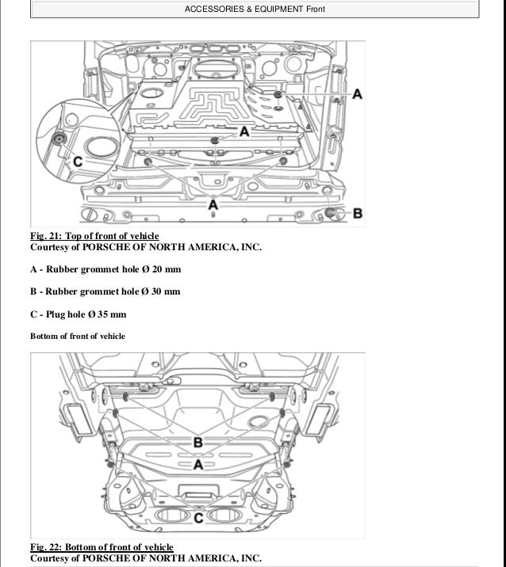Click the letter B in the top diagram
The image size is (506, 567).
(x=357, y=212)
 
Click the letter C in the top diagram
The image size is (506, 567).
(x=78, y=161)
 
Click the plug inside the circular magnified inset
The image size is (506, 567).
(x=58, y=141)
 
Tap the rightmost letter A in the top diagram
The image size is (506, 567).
(x=357, y=94)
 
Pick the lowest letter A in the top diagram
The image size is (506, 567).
(x=212, y=206)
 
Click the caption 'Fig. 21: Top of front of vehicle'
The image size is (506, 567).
(x=94, y=236)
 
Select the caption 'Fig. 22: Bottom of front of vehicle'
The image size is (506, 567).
(x=102, y=547)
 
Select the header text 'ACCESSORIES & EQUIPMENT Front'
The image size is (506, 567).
(x=253, y=10)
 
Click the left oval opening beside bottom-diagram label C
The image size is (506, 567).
(x=168, y=519)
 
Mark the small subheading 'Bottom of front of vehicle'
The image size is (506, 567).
(x=78, y=337)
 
